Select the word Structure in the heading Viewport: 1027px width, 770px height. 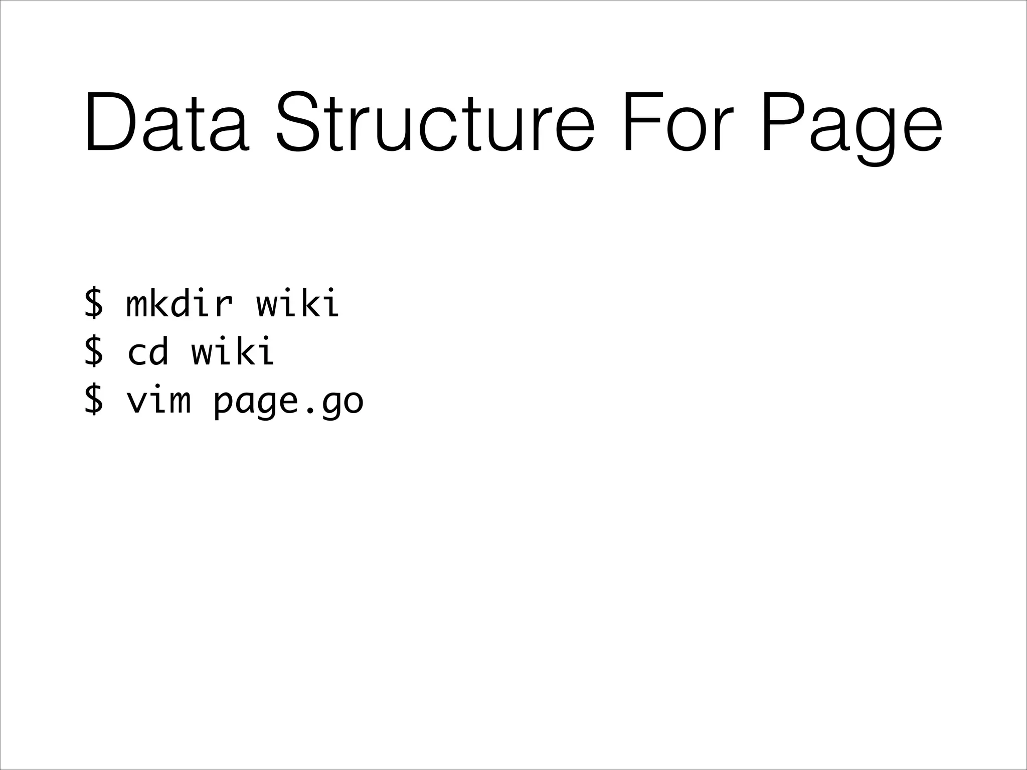pos(435,122)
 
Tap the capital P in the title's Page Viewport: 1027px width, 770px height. pos(780,122)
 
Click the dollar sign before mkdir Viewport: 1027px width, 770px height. pos(94,303)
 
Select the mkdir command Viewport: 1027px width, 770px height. pos(180,303)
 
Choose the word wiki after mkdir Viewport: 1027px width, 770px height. pos(298,303)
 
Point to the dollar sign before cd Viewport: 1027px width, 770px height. pos(94,350)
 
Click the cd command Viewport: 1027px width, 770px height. pos(147,350)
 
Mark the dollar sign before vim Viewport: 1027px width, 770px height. pos(94,400)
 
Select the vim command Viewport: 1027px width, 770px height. pos(158,400)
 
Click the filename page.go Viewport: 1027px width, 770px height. pos(288,402)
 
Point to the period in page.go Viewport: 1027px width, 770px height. pos(309,411)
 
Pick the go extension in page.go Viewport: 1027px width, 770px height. pos(342,404)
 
